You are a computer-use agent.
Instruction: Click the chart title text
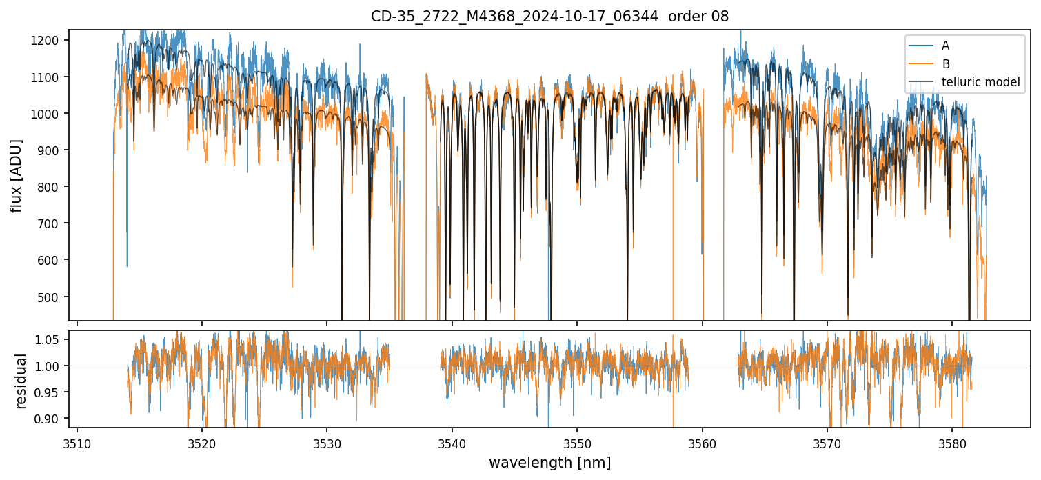[x=549, y=17]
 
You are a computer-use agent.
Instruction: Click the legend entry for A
[x=945, y=46]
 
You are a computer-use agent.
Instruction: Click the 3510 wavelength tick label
[x=77, y=441]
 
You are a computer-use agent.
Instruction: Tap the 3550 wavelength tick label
[x=577, y=441]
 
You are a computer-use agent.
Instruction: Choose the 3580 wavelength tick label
[x=952, y=441]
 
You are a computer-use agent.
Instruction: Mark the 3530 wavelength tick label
[x=327, y=441]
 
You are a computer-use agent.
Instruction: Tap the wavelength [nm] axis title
[x=549, y=462]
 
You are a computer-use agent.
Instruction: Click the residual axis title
[x=21, y=381]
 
